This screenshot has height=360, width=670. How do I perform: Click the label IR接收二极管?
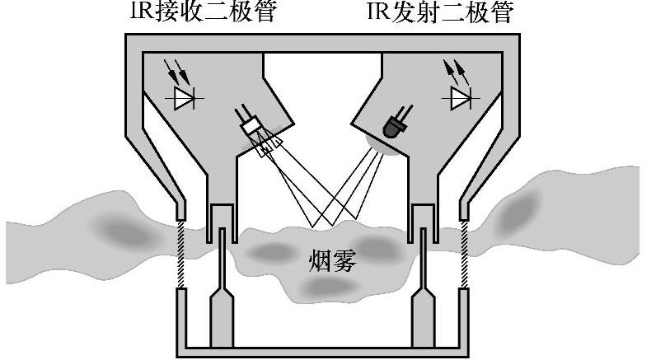click(x=203, y=12)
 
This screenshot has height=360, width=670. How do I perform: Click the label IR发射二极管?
click(x=440, y=12)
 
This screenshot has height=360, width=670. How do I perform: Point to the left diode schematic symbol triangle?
click(x=185, y=100)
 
